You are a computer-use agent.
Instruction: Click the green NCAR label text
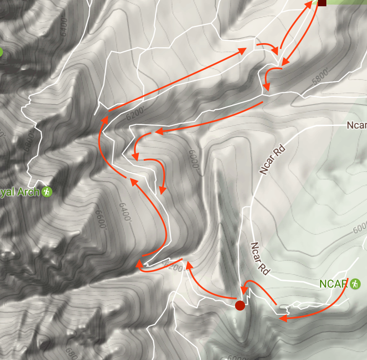click(334, 284)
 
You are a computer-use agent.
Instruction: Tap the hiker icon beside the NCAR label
click(355, 284)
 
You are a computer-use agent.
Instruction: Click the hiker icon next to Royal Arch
click(47, 192)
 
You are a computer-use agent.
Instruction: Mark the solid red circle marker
click(240, 305)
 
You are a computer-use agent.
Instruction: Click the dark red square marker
click(322, 3)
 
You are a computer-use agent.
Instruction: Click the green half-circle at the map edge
click(1, 52)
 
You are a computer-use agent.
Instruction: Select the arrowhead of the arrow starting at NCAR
click(283, 319)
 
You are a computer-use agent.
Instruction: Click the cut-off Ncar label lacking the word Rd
click(357, 125)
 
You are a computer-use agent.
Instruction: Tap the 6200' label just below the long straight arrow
click(134, 112)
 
